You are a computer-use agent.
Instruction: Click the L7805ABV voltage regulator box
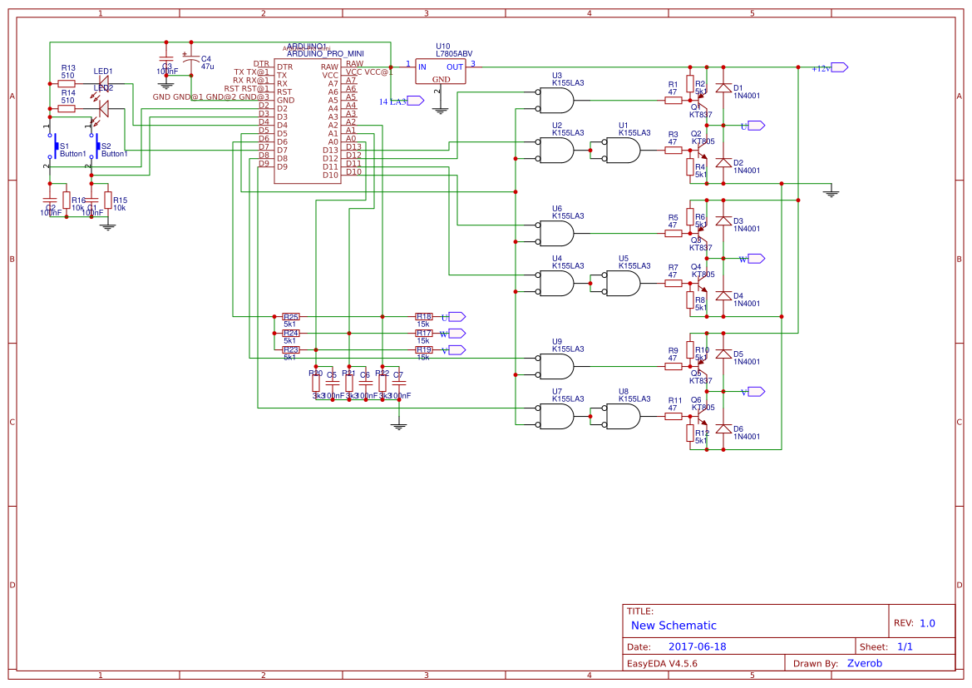coord(441,72)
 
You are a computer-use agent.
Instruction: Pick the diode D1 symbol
coord(723,87)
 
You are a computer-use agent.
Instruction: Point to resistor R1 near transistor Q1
coord(673,101)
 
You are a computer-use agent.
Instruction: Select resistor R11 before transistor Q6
coord(673,416)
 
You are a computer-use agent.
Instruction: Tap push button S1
coord(55,147)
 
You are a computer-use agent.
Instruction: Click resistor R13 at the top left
coord(67,83)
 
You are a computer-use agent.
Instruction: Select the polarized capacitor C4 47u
coord(191,61)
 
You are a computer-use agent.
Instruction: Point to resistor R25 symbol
coord(291,317)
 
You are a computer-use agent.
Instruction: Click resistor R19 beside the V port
coord(424,350)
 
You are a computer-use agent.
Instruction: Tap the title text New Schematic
coord(673,626)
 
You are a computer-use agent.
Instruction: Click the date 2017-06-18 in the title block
coord(697,646)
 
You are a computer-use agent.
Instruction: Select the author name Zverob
coord(865,663)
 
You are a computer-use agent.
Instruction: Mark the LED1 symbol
coord(105,83)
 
